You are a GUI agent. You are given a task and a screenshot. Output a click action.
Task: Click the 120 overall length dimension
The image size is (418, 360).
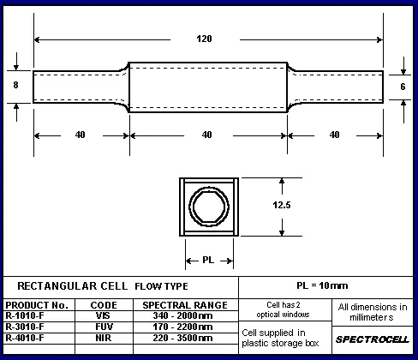click(204, 39)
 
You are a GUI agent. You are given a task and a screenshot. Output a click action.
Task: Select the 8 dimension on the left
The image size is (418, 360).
click(15, 85)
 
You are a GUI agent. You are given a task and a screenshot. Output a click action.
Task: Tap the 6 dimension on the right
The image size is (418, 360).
click(403, 87)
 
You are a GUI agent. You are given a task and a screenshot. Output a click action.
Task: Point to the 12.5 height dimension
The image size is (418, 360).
click(282, 205)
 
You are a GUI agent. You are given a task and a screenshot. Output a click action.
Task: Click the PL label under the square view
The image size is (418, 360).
click(208, 260)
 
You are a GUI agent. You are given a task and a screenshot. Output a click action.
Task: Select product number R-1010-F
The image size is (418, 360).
click(25, 315)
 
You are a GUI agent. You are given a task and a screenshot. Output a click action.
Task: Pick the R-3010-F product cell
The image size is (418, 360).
click(25, 327)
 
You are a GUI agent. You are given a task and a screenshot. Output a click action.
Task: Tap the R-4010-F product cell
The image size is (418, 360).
click(25, 338)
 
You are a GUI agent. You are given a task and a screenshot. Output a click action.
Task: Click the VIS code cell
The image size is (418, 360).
click(103, 315)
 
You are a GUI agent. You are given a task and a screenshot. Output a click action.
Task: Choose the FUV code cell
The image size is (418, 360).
click(104, 327)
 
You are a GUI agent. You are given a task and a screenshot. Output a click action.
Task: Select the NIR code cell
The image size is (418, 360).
click(104, 338)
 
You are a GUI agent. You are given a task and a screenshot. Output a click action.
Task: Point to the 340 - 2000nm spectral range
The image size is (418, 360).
click(182, 315)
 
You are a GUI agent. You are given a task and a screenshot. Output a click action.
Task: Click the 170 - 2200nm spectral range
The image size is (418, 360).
click(182, 327)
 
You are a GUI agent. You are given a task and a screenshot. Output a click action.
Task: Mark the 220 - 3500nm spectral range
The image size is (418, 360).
click(182, 338)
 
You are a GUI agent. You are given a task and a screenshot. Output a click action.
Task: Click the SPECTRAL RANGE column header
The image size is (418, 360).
click(185, 305)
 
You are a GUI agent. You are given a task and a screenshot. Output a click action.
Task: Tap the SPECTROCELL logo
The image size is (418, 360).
click(373, 339)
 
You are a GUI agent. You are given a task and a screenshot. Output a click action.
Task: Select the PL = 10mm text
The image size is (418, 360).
click(322, 285)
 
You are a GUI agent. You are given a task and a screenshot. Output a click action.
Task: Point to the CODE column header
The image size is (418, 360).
click(104, 305)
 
